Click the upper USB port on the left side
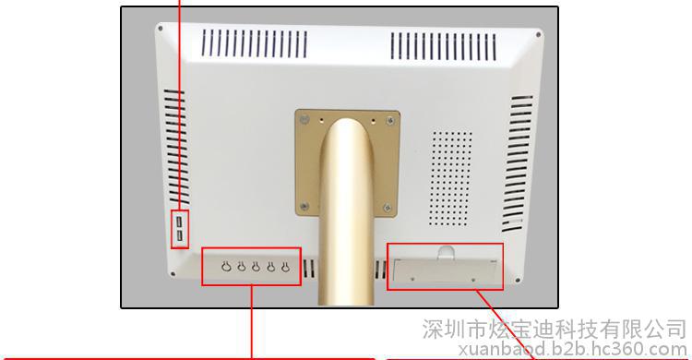[x=179, y=221]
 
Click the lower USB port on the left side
[x=180, y=236]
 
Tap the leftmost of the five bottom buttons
[x=226, y=267]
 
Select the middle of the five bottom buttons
[x=256, y=267]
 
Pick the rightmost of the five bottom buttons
[x=285, y=267]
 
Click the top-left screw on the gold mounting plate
[x=304, y=120]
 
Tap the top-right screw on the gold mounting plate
[x=390, y=120]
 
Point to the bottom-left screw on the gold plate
[x=304, y=206]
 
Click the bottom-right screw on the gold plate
[x=388, y=207]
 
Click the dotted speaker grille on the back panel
[x=450, y=178]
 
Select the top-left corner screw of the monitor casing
[x=160, y=29]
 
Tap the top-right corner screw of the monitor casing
[x=538, y=35]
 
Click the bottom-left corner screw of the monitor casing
[x=173, y=274]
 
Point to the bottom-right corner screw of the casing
[x=518, y=280]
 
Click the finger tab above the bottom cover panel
[x=446, y=252]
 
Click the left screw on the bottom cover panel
[x=412, y=279]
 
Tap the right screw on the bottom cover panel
[x=473, y=280]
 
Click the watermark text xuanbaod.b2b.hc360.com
[x=572, y=350]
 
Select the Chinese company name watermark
[x=554, y=330]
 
